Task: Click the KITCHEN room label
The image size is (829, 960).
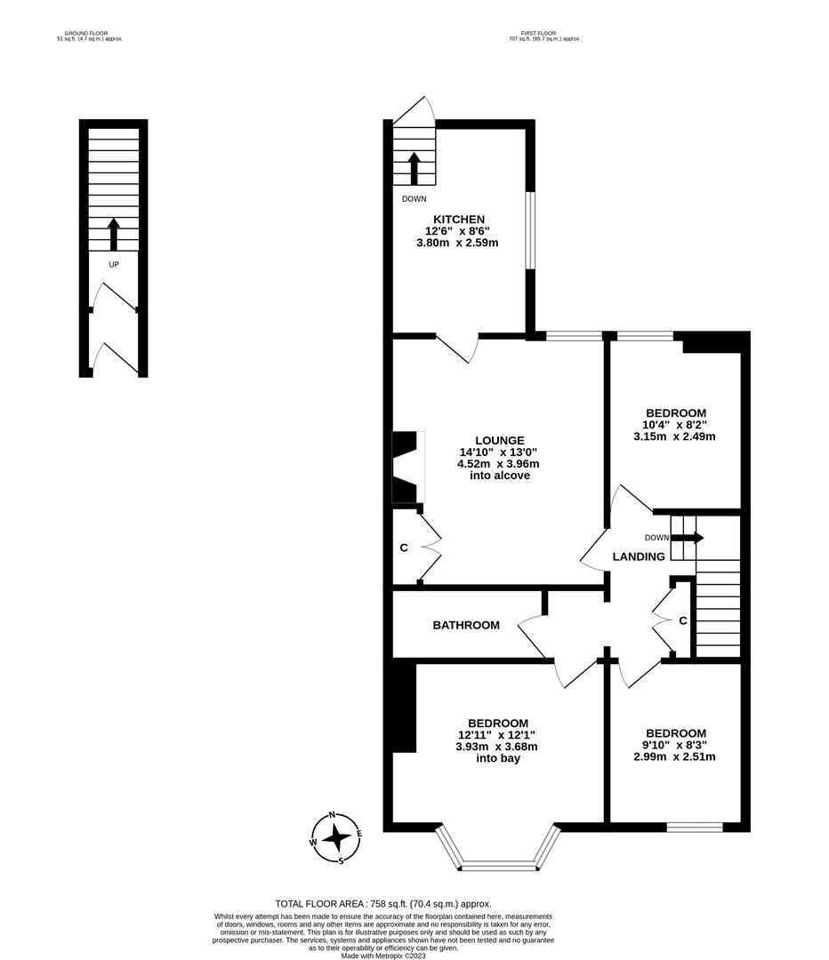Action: (x=458, y=220)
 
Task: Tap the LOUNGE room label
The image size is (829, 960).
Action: (x=499, y=440)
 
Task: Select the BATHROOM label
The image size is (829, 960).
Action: (x=466, y=625)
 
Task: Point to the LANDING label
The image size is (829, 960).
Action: (x=639, y=556)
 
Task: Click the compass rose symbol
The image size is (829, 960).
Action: (x=336, y=837)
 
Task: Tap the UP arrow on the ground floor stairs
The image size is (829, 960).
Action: (x=113, y=234)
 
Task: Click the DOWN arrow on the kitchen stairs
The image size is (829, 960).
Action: (x=414, y=167)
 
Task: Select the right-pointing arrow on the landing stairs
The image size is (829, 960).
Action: (x=693, y=538)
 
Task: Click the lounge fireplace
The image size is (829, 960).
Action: (x=406, y=468)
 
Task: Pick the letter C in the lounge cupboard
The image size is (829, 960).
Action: (x=404, y=548)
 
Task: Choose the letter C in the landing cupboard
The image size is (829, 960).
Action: (x=682, y=620)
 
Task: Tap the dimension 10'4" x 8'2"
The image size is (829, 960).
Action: (x=676, y=425)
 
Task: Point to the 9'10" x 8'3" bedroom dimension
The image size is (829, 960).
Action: (x=676, y=745)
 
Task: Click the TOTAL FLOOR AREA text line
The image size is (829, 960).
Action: (x=383, y=903)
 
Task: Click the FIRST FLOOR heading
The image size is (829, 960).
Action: (x=544, y=33)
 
